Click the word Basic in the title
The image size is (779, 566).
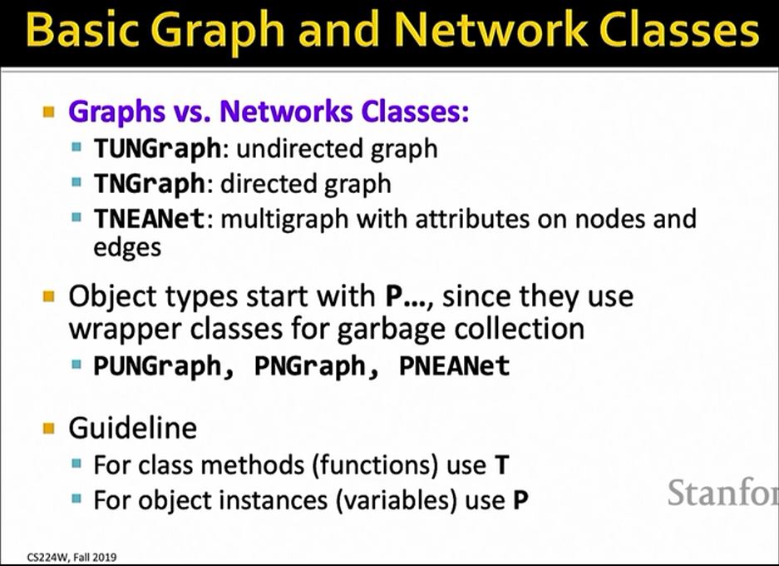click(x=87, y=29)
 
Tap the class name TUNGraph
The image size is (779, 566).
click(x=157, y=149)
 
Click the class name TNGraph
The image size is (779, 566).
click(x=150, y=184)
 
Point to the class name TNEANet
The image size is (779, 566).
click(x=149, y=219)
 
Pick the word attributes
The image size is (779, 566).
click(x=472, y=219)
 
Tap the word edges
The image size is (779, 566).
click(x=127, y=248)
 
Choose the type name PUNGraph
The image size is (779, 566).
click(x=157, y=366)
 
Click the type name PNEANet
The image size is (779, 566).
click(x=455, y=366)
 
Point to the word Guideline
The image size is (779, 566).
click(x=133, y=428)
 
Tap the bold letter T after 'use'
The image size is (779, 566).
click(x=502, y=465)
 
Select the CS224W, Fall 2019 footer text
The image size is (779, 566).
click(x=72, y=557)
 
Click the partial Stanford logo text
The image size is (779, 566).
click(x=722, y=493)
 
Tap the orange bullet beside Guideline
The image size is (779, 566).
click(x=49, y=428)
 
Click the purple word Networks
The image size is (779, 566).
click(x=286, y=111)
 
